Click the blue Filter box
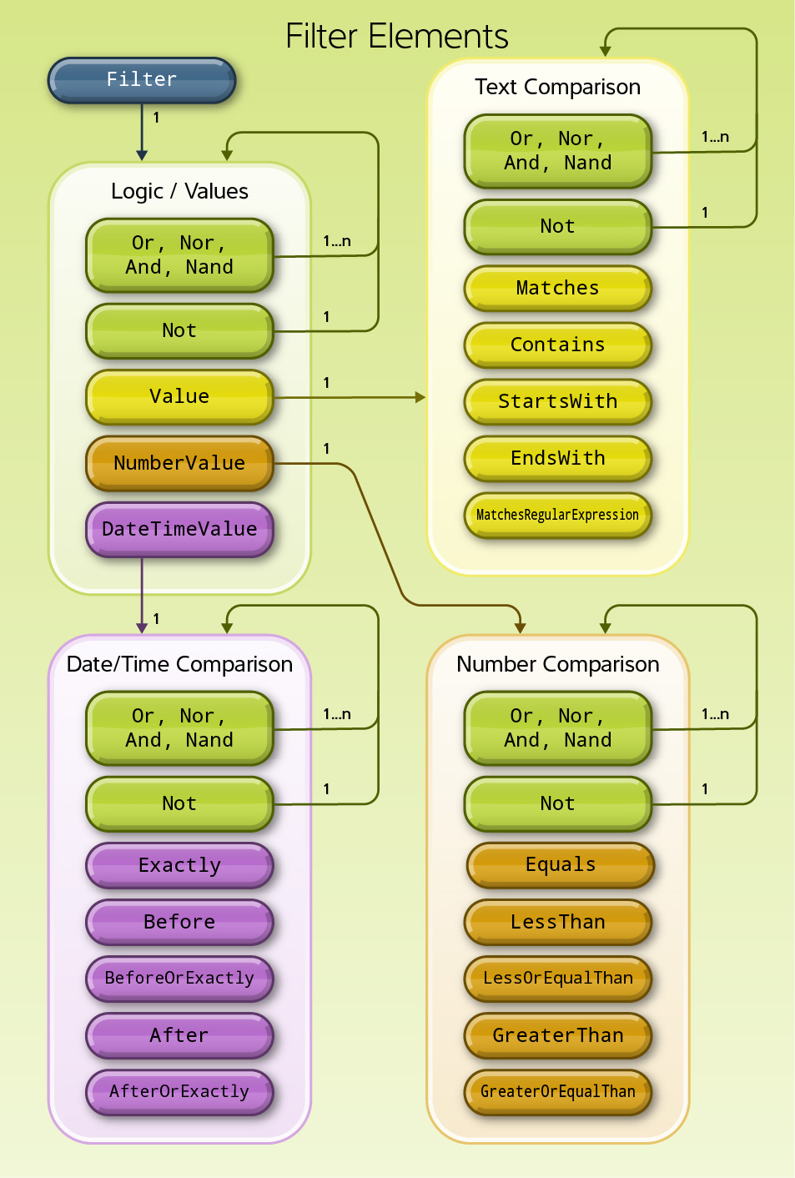[x=142, y=80]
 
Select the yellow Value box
[x=179, y=396]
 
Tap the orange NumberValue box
[x=179, y=463]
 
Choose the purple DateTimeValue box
[x=179, y=529]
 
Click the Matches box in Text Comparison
[x=557, y=288]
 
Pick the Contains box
[x=557, y=345]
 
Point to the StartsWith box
[x=557, y=401]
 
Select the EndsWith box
[x=557, y=458]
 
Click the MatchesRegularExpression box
[x=557, y=515]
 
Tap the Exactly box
[x=179, y=865]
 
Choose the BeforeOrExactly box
[x=179, y=978]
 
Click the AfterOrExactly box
[x=179, y=1091]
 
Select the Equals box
[x=560, y=865]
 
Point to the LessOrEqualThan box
[x=557, y=978]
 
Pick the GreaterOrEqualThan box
[x=557, y=1091]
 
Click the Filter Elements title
[x=397, y=37]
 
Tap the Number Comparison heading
[x=557, y=664]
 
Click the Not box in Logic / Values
[x=179, y=330]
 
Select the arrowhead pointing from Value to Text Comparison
[x=420, y=397]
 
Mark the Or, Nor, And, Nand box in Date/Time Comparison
[x=179, y=727]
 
